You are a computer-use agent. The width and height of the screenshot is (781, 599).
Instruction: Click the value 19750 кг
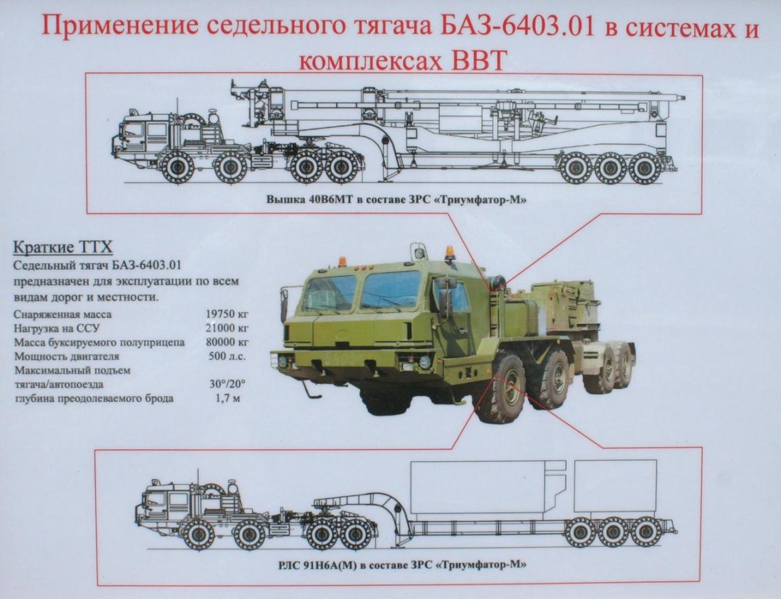[x=227, y=314]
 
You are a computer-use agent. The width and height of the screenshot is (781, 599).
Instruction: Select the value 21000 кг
[x=227, y=328]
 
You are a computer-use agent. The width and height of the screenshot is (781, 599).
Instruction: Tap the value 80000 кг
[x=227, y=342]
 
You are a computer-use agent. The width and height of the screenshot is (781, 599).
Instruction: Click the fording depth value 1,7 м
[x=228, y=398]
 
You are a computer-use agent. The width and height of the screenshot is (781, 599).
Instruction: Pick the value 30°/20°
[x=228, y=384]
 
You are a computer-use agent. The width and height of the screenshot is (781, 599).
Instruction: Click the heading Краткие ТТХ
[x=62, y=247]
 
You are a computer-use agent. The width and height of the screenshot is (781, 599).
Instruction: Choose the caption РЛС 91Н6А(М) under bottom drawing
[x=316, y=565]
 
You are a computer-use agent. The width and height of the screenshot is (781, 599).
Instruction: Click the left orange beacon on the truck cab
[x=342, y=262]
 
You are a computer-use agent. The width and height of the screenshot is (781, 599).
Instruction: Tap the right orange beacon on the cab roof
[x=450, y=251]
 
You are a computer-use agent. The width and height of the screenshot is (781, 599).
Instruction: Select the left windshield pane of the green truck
[x=330, y=293]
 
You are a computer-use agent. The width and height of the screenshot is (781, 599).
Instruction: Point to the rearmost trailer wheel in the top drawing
[x=645, y=168]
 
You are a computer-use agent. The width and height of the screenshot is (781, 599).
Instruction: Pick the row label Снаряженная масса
[x=62, y=314]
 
